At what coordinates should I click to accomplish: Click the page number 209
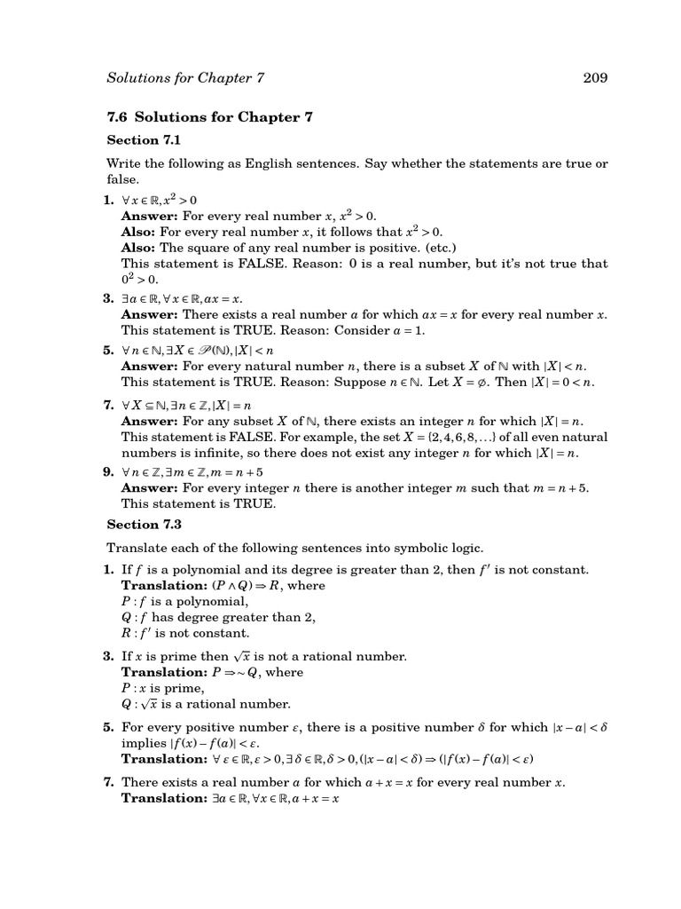coord(594,78)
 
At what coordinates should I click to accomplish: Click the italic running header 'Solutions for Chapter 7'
coord(185,78)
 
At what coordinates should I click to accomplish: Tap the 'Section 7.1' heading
coord(144,139)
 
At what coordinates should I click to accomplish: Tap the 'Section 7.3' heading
coord(144,525)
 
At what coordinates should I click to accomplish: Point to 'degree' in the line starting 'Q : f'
coord(215,617)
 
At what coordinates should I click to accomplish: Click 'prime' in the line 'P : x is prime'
coord(186,688)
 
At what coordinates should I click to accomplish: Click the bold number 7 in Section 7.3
coord(109,782)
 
